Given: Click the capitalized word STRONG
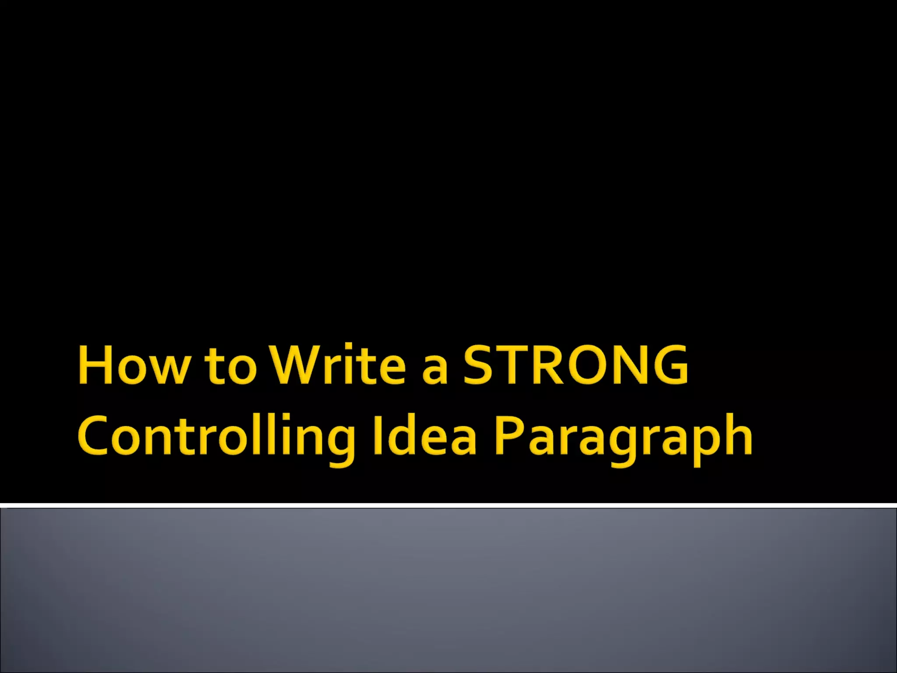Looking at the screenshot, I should pyautogui.click(x=576, y=365).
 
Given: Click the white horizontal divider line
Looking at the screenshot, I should pyautogui.click(x=448, y=506).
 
